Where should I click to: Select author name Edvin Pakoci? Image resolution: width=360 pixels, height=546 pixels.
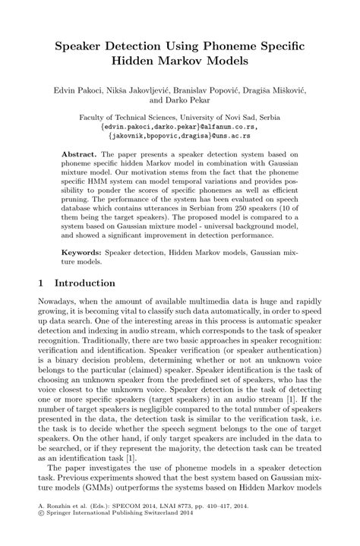[80, 89]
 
